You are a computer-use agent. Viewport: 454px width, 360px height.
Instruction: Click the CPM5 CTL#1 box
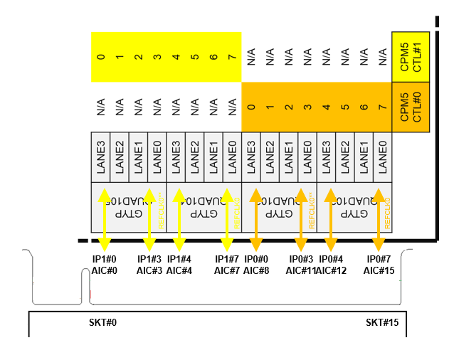[x=411, y=56]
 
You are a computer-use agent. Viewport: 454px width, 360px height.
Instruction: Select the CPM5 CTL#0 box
[x=411, y=107]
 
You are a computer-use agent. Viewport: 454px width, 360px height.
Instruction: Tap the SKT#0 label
[x=102, y=322]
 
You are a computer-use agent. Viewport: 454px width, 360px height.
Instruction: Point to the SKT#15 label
[x=382, y=322]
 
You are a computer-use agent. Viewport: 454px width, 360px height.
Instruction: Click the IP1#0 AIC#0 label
[x=104, y=265]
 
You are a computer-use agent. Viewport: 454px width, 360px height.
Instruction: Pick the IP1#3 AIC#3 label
[x=150, y=265]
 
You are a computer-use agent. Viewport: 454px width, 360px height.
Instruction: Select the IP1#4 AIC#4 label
[x=180, y=265]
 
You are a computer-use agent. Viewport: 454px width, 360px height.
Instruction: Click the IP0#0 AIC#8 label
[x=256, y=265]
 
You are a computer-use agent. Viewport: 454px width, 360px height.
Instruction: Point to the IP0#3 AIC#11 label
[x=302, y=265]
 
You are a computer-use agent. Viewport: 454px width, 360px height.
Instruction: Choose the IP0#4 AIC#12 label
[x=332, y=265]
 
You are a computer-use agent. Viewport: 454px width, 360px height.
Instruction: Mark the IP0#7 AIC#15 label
[x=378, y=265]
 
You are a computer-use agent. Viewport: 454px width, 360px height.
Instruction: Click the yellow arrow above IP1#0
[x=104, y=218]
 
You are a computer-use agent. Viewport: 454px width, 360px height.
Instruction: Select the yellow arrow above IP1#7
[x=228, y=218]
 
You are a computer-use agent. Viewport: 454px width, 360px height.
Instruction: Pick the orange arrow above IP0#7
[x=378, y=218]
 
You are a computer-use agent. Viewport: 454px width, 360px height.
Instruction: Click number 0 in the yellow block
[x=100, y=56]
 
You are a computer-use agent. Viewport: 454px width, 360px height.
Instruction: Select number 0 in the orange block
[x=251, y=107]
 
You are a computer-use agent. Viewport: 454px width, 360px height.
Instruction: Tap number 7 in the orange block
[x=382, y=107]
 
